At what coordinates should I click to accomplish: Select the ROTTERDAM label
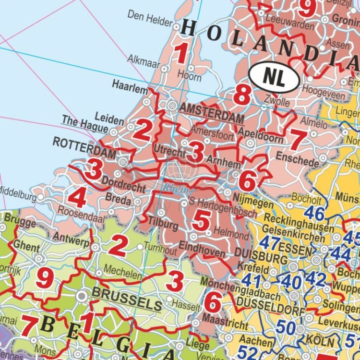pos(84,147)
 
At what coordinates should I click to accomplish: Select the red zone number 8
pos(242,95)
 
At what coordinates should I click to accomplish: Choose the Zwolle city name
pos(277,102)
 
